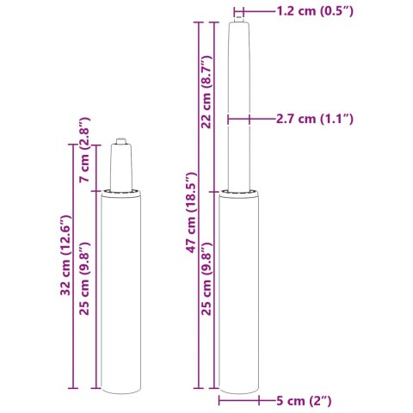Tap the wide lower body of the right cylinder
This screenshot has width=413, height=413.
237,293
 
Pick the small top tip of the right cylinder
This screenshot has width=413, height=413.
237,14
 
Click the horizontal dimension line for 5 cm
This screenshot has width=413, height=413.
237,400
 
